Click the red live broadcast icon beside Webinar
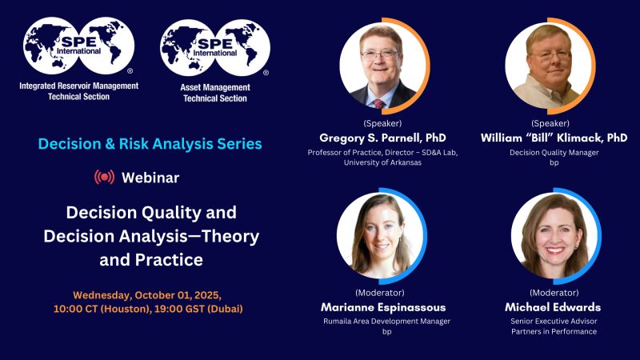105,177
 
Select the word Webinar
150,178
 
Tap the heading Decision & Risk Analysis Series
150,144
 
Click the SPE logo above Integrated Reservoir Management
78,46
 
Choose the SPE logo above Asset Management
215,48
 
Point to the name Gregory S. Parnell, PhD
382,138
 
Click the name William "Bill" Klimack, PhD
554,138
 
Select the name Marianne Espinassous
383,307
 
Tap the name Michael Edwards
553,307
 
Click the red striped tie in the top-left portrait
378,104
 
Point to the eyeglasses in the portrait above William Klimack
550,55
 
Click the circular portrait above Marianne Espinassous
380,235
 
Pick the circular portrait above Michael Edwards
554,235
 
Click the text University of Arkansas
382,162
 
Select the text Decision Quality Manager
554,153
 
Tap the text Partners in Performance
554,331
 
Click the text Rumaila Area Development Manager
386,322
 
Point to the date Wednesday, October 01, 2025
147,295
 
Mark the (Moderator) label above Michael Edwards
554,293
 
